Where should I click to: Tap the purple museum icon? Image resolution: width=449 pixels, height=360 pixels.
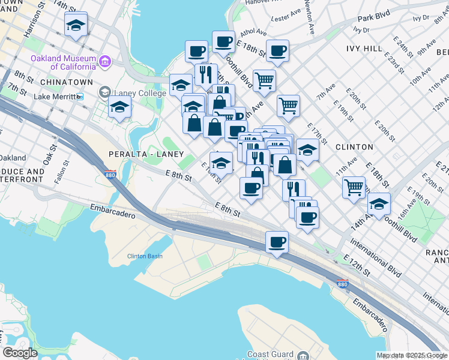(x=106, y=61)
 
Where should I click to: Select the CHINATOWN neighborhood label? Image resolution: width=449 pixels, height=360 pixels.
(x=66, y=82)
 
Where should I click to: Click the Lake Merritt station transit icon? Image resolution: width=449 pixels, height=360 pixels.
(x=80, y=96)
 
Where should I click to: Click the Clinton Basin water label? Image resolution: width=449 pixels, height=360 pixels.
(x=145, y=256)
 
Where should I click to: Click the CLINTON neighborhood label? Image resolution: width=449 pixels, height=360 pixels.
(x=354, y=146)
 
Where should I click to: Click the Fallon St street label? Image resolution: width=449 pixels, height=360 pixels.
(x=59, y=175)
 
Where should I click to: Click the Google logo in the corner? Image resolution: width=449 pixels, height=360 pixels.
(x=20, y=353)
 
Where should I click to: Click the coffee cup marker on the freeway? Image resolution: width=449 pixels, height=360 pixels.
(x=277, y=242)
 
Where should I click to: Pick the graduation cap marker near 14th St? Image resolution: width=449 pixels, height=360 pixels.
(x=76, y=25)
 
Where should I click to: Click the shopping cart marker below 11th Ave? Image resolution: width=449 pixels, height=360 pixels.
(x=354, y=187)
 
